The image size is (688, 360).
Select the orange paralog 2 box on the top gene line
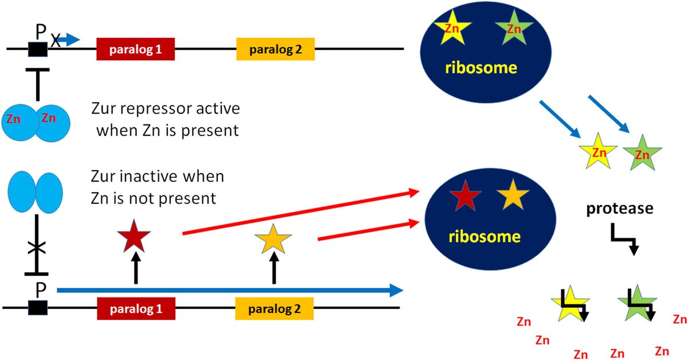tap(275, 49)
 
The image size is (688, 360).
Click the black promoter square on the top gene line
tap(38, 49)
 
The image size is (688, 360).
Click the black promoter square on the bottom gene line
tap(38, 308)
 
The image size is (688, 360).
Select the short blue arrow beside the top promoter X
tap(71, 40)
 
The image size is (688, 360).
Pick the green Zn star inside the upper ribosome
tap(514, 28)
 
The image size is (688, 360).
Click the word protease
tap(619, 209)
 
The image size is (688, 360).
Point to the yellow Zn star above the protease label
tap(598, 152)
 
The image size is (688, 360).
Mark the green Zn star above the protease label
tap(643, 153)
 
